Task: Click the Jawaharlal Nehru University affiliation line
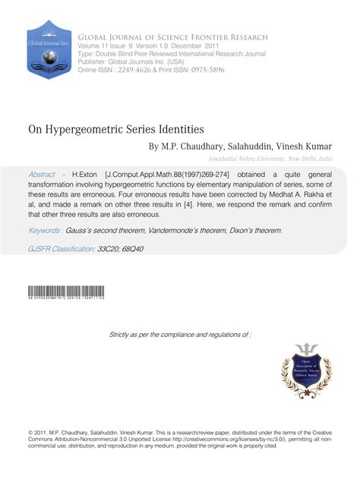[x=270, y=159]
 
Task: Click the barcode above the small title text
[x=66, y=291]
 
